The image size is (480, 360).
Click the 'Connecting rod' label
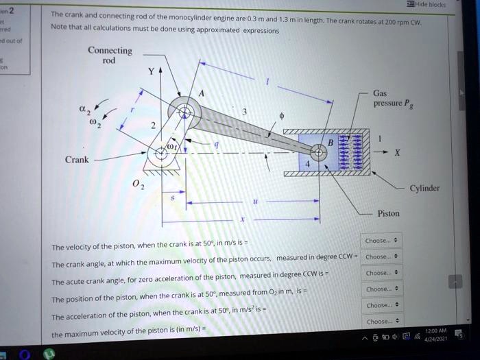[x=110, y=55]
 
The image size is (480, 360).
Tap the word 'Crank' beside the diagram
[x=77, y=159]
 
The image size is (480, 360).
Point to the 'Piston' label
[x=388, y=213]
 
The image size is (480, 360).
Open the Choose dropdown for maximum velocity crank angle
[x=382, y=257]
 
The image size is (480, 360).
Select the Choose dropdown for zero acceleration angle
[x=382, y=272]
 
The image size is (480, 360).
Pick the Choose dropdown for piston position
[x=382, y=289]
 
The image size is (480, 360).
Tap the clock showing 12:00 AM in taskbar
[x=435, y=331]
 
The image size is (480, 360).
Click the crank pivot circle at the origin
[x=162, y=153]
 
